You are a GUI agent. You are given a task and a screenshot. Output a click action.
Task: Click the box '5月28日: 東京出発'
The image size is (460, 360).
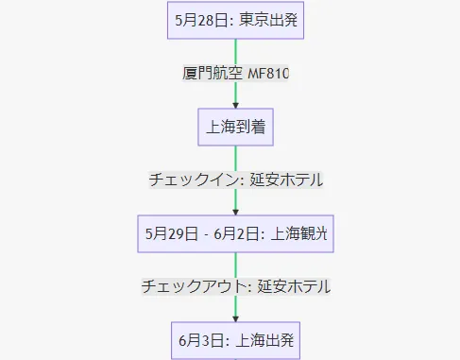point(235,19)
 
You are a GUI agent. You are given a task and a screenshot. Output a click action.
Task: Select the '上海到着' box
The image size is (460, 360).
point(235,126)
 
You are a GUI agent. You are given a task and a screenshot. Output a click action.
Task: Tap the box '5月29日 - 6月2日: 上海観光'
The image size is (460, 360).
point(235,232)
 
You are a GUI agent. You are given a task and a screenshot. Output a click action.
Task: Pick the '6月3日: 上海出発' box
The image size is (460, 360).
point(235,338)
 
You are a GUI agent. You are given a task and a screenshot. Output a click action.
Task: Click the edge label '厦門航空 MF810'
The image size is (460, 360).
point(235,73)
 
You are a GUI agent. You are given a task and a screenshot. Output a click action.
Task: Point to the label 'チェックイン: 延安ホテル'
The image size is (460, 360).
point(235,180)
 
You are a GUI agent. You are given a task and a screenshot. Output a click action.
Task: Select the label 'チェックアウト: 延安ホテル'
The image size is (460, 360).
point(235,285)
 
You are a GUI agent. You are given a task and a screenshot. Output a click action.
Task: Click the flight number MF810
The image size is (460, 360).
point(267,73)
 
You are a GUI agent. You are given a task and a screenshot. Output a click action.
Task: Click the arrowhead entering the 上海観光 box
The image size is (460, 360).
point(235,211)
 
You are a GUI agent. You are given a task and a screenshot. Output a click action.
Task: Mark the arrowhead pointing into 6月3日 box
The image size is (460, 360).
point(235,317)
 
